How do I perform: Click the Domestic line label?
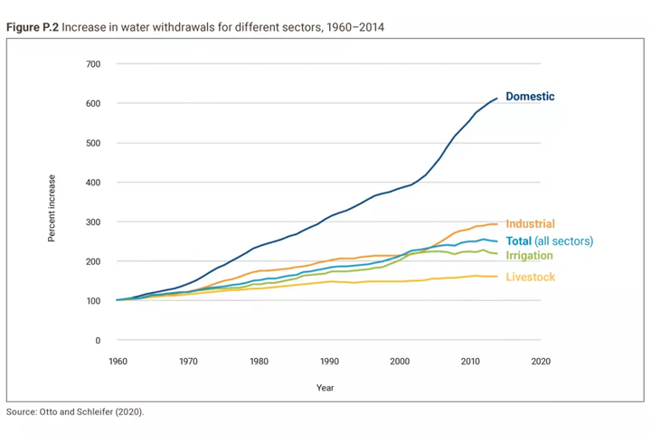point(530,97)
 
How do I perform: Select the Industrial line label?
point(530,224)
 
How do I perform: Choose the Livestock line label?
point(530,278)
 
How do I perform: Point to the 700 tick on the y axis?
point(94,64)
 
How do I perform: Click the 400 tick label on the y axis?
point(94,183)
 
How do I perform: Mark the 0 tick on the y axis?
point(97,341)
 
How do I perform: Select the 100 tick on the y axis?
point(94,301)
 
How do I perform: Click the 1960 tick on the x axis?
point(118,361)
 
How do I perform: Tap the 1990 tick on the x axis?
point(329,361)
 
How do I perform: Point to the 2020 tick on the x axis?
point(541,361)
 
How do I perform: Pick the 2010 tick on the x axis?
point(470,361)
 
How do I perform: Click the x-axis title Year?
point(325,387)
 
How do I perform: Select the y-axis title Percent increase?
point(52,207)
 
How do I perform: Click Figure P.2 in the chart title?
point(32,28)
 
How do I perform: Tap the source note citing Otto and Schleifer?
point(75,412)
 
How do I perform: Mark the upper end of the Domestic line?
point(497,98)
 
